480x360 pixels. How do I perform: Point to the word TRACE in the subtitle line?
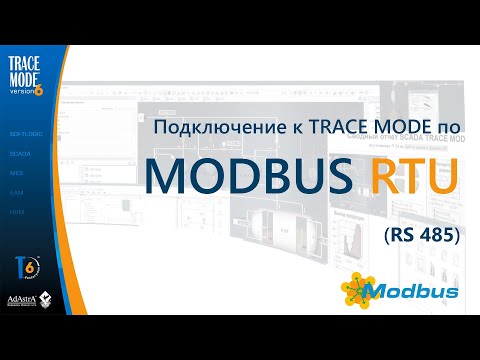[x=319, y=129]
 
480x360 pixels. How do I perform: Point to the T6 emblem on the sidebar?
[x=27, y=264]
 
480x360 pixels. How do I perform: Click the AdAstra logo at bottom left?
[x=19, y=299]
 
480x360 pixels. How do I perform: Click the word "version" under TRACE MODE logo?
[x=22, y=87]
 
